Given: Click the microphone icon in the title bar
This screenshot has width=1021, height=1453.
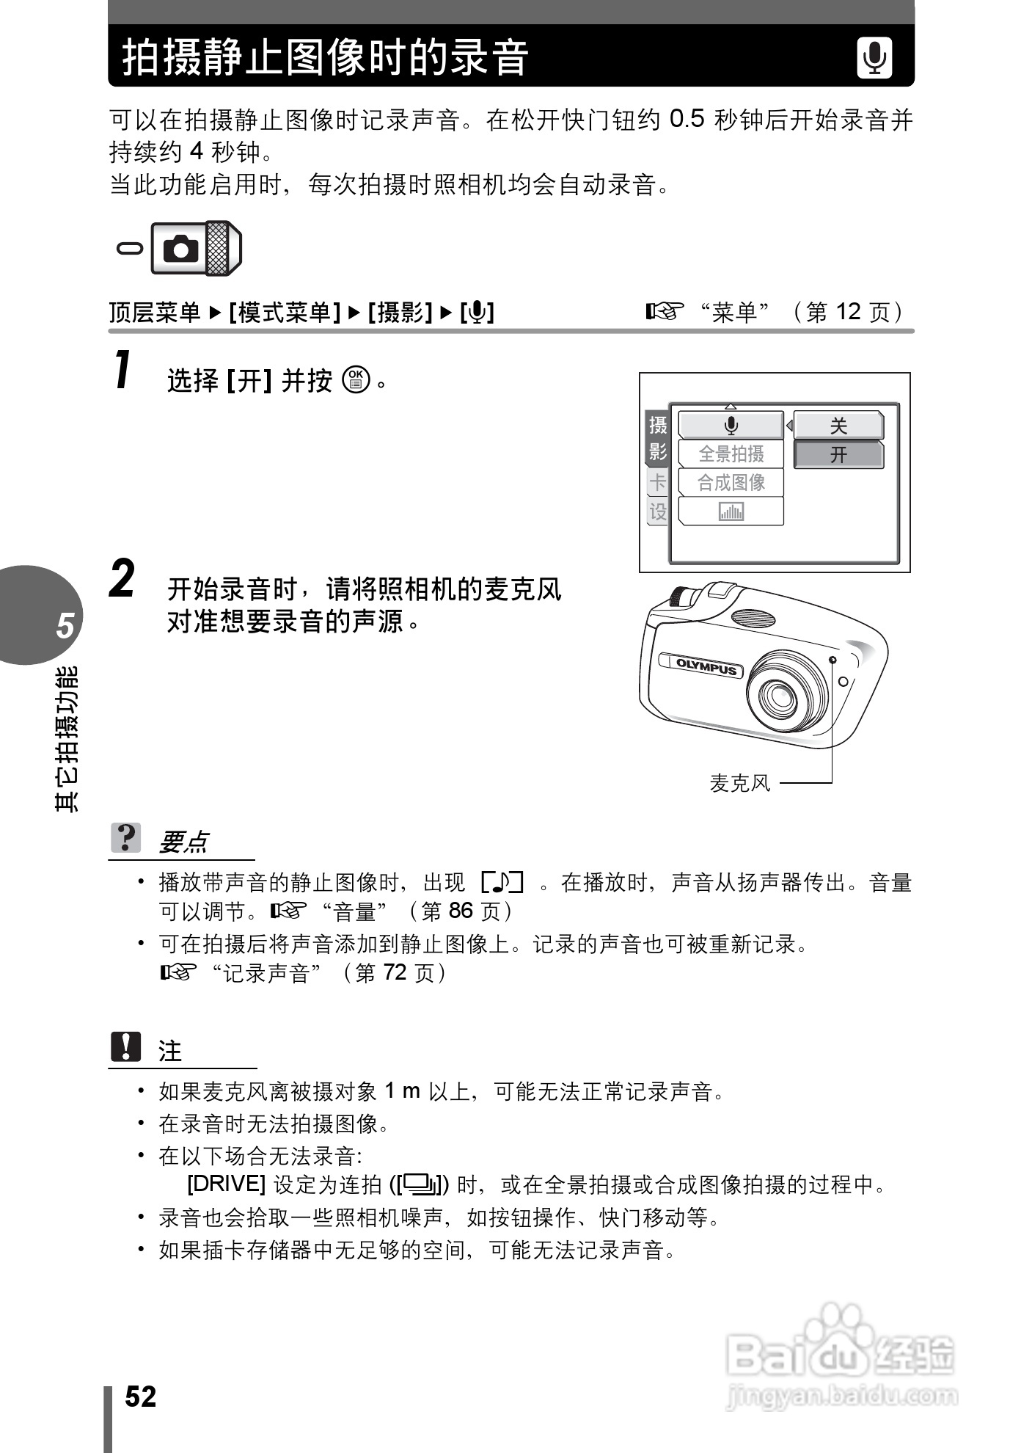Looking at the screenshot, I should tap(874, 58).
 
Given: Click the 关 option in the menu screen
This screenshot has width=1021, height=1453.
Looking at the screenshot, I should tap(838, 426).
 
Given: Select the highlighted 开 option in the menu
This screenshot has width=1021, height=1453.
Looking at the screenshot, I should tap(838, 455).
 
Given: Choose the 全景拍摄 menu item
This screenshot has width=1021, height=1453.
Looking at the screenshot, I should tap(731, 454).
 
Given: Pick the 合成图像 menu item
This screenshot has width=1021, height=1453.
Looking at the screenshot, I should tap(731, 483).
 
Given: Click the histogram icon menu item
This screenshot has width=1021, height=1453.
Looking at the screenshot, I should tap(731, 511).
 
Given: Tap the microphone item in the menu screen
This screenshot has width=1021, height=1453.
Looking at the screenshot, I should tap(731, 426).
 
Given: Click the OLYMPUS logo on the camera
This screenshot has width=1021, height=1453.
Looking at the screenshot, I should tap(705, 666).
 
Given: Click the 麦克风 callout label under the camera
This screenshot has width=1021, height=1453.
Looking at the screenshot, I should tap(740, 784).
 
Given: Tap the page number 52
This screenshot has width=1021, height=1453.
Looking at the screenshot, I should tap(140, 1396).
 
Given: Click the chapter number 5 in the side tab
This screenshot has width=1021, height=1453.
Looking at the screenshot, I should tap(65, 625).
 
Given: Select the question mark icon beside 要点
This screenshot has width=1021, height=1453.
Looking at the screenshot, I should tap(126, 838).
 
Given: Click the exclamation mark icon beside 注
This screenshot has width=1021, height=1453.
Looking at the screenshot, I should tap(126, 1047).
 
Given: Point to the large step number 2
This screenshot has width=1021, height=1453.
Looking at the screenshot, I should tap(122, 580).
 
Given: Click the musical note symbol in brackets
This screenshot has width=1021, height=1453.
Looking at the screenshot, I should tap(502, 882).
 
